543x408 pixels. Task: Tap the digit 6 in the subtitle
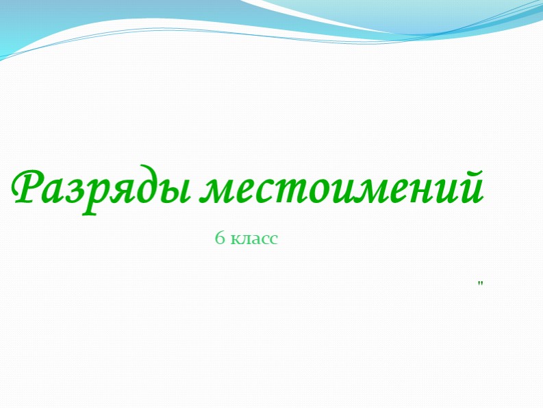coord(220,238)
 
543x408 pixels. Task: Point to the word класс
coord(255,239)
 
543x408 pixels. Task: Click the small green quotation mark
coord(481,283)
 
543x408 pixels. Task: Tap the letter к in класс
coord(235,239)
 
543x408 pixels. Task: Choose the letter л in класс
coord(244,239)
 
